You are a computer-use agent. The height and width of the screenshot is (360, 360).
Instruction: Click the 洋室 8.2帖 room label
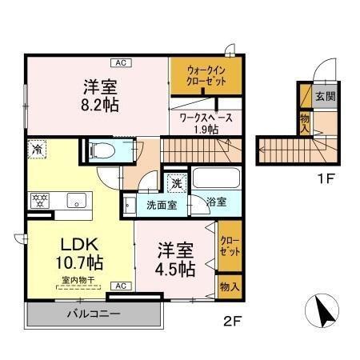(x=99, y=94)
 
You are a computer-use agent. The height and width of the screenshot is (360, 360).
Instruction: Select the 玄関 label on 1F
(x=324, y=97)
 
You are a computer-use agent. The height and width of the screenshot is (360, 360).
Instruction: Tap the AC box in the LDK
(x=118, y=285)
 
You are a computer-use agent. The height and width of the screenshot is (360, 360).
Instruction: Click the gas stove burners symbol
(x=40, y=200)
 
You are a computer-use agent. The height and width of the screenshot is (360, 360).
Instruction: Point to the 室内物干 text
(x=76, y=280)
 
